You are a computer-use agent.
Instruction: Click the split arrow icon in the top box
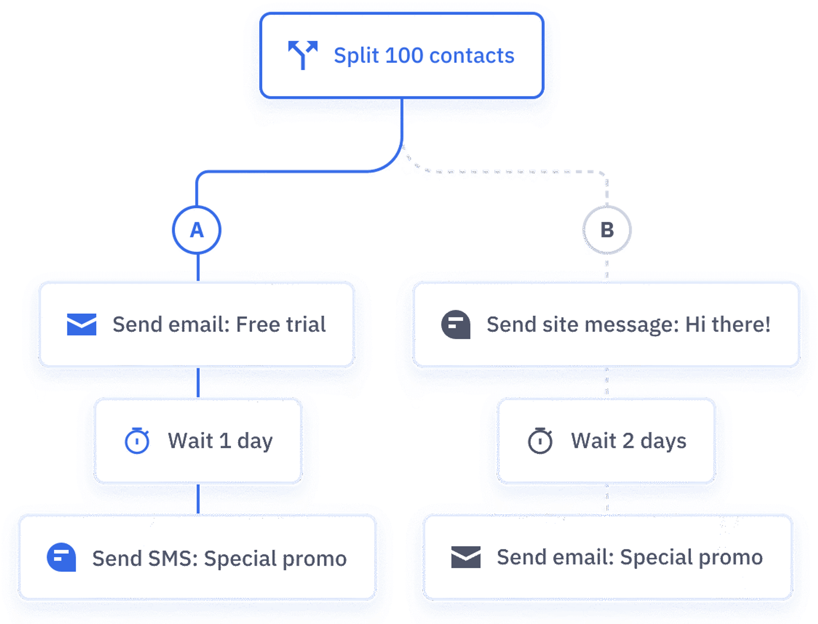(302, 54)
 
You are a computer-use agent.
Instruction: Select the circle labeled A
(197, 230)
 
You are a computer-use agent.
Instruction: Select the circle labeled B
(607, 230)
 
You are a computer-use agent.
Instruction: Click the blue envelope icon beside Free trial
(82, 324)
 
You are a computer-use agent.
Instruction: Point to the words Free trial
(281, 324)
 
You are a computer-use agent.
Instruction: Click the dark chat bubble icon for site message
(455, 324)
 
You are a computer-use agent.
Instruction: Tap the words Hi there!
(728, 324)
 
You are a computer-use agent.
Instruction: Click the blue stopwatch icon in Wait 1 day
(137, 441)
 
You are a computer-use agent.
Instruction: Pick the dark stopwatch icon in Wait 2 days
(540, 441)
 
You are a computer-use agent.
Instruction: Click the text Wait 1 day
(220, 441)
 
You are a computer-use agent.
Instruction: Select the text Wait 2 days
(628, 441)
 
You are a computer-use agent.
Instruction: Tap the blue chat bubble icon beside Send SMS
(61, 557)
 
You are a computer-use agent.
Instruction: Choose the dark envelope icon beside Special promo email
(466, 557)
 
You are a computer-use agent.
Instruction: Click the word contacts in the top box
(472, 55)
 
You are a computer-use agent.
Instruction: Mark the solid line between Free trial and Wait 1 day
(198, 382)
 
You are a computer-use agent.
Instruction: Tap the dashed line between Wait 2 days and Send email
(607, 498)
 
